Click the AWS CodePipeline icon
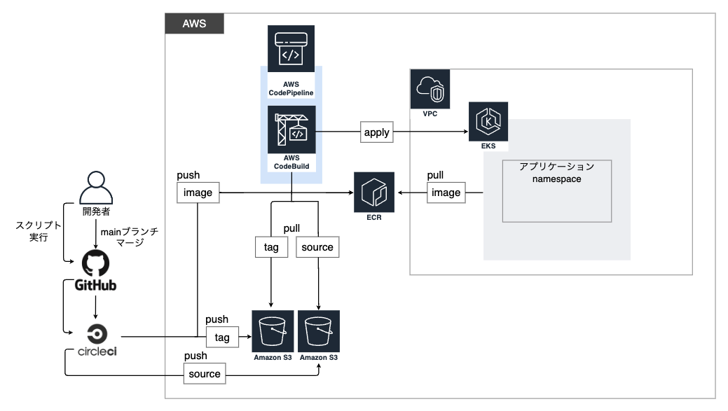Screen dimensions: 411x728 click(291, 49)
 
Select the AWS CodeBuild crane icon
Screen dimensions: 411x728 click(291, 130)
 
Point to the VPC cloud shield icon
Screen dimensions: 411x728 click(430, 89)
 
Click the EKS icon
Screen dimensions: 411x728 click(488, 122)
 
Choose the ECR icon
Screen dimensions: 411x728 click(375, 191)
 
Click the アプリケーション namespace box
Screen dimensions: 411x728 click(556, 191)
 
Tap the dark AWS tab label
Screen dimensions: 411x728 click(194, 23)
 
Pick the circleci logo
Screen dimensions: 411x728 click(96, 340)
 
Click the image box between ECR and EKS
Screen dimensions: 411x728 click(446, 192)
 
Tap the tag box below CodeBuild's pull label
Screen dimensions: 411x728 click(270, 247)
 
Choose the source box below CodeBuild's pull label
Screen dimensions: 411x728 click(317, 247)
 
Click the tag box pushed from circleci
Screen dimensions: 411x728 click(221, 337)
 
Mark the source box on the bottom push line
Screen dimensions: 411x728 click(205, 374)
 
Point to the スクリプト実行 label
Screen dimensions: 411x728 click(39, 232)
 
